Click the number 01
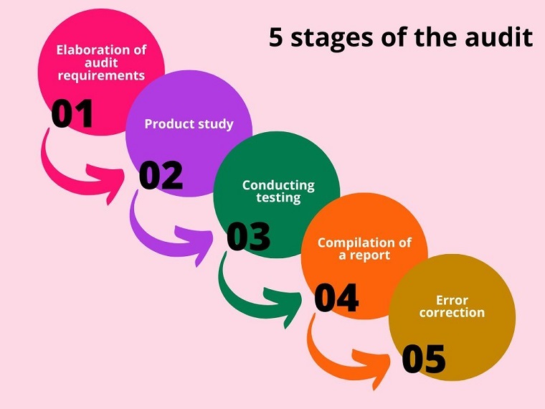72,113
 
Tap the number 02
161,175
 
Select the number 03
248,237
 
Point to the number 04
336,298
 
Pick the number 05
424,359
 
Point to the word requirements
101,75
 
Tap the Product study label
189,124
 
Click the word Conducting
278,185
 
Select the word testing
278,198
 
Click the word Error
452,300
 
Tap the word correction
452,312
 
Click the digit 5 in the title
276,37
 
